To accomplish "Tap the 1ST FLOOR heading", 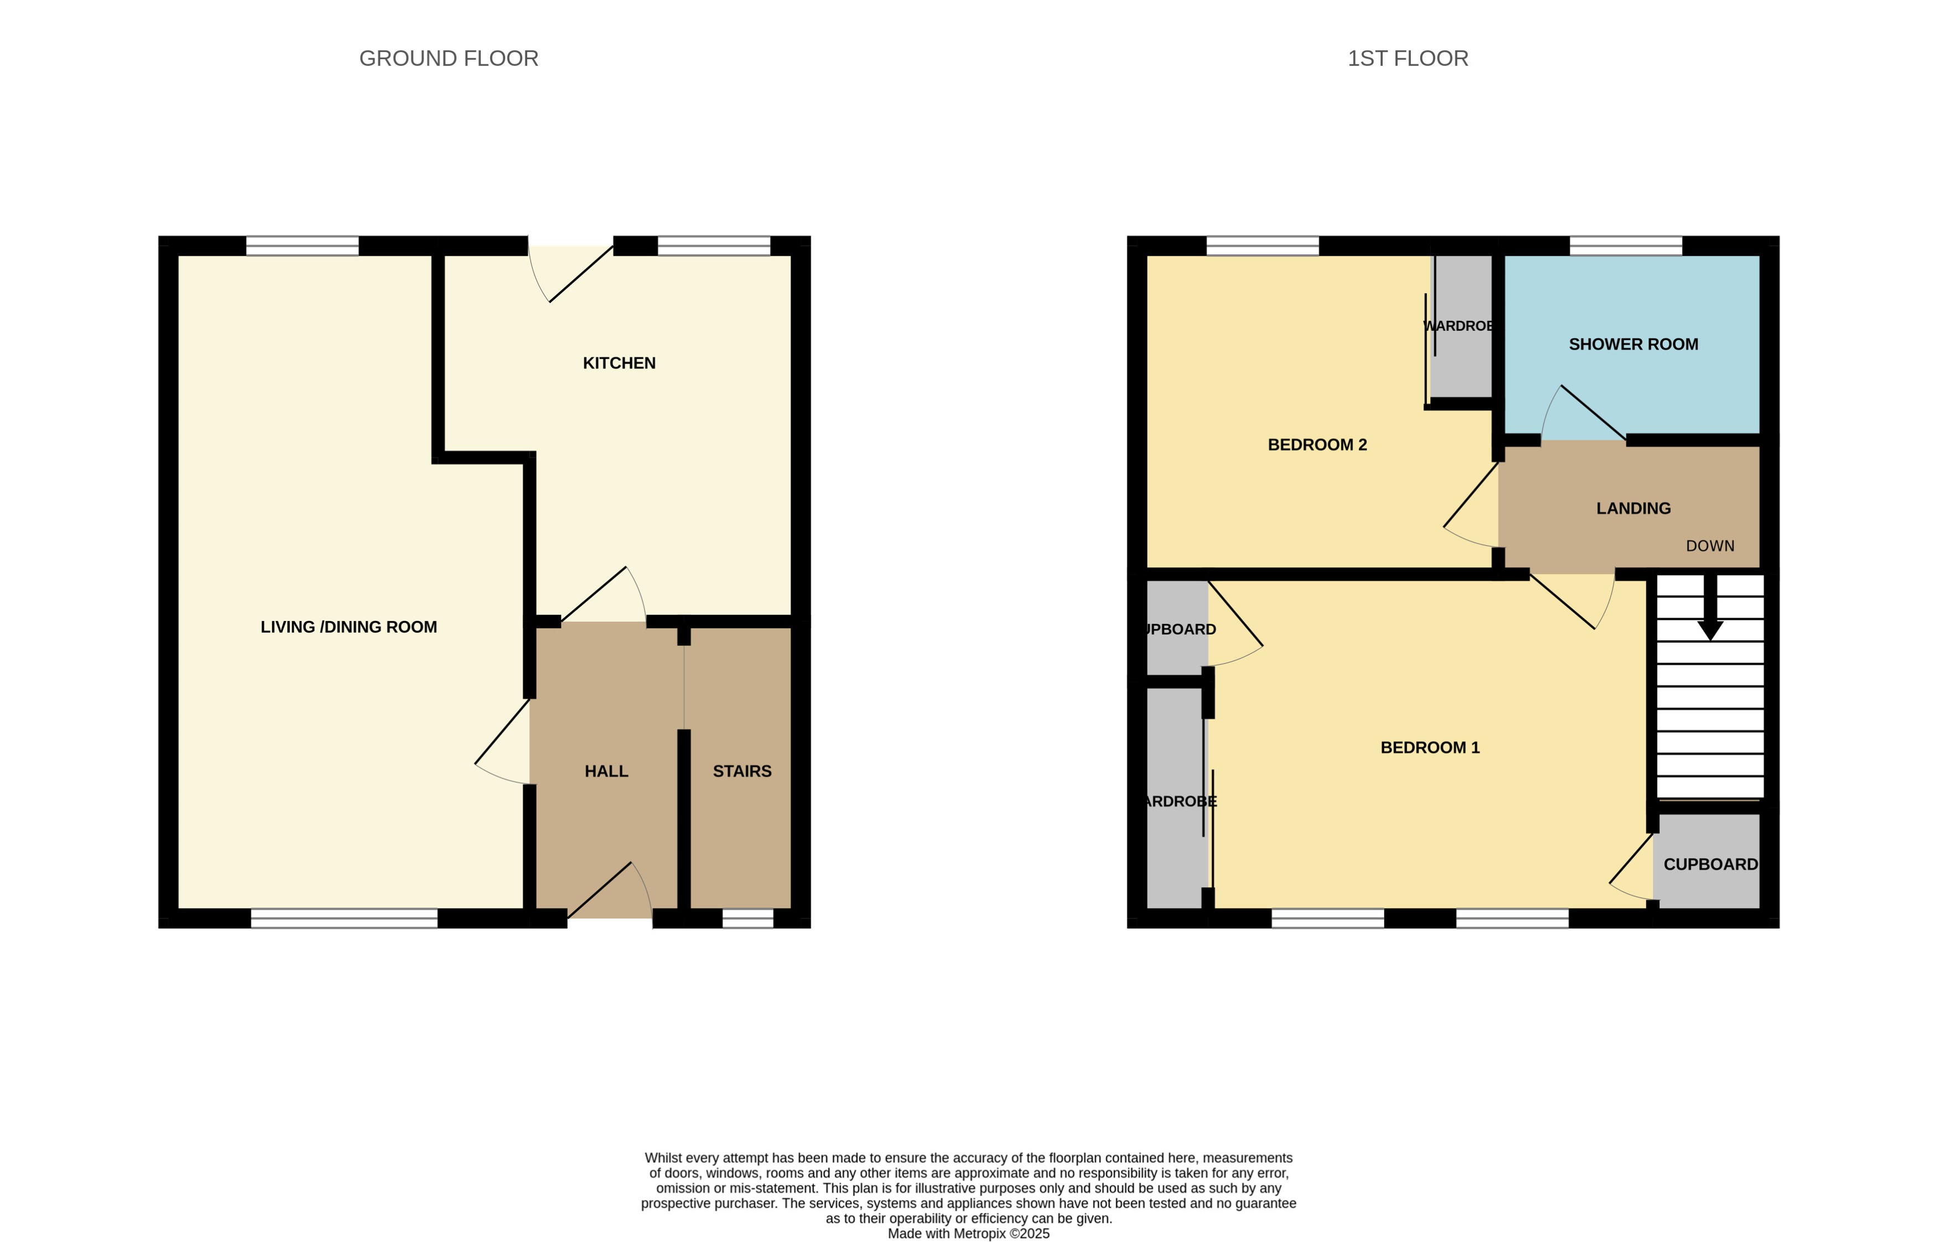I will [x=1408, y=59].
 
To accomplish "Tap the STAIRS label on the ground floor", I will [x=741, y=772].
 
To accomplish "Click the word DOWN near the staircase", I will [x=1709, y=547].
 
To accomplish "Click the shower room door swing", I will [x=1580, y=415].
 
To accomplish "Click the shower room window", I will [x=1625, y=246].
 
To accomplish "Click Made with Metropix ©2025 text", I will [x=968, y=1234].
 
